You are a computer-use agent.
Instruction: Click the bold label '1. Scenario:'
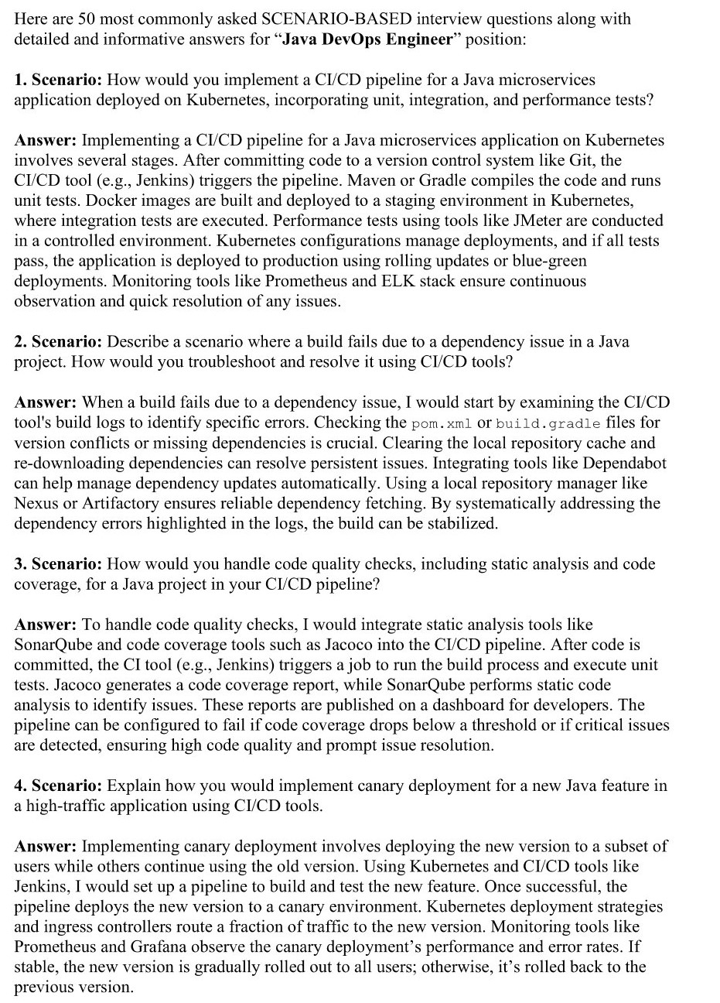[58, 80]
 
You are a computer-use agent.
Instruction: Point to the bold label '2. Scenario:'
[58, 341]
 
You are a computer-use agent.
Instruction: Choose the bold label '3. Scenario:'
[58, 563]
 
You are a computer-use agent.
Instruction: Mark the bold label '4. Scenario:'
[58, 786]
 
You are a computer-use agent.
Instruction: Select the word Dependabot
[623, 463]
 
